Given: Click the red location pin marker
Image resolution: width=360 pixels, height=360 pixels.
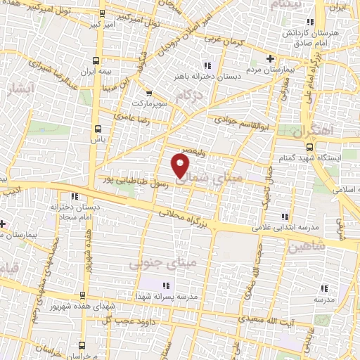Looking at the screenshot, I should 181,165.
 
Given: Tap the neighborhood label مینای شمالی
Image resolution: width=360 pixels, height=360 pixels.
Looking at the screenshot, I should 214,179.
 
